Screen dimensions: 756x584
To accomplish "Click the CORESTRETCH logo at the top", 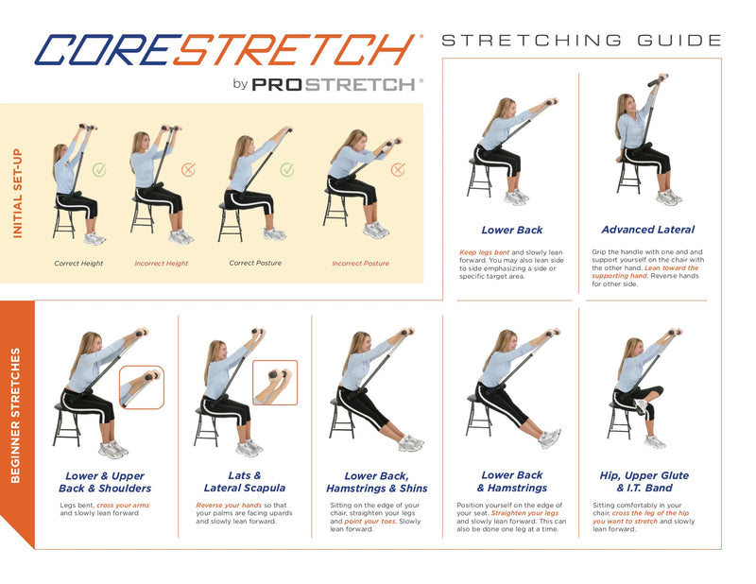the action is pyautogui.click(x=226, y=50).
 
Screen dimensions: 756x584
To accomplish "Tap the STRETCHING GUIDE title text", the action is pyautogui.click(x=581, y=40).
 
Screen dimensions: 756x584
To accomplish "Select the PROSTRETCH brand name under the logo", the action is pyautogui.click(x=334, y=85).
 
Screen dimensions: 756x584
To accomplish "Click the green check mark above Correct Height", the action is pyautogui.click(x=99, y=169).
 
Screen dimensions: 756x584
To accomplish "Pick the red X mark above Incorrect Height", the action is pyautogui.click(x=188, y=169).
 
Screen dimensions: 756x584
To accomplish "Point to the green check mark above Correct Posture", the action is pyautogui.click(x=287, y=169).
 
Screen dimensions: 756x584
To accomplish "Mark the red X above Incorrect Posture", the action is pyautogui.click(x=398, y=169).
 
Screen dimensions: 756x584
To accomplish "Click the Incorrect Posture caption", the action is pyautogui.click(x=360, y=264).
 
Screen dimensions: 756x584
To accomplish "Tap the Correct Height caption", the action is pyautogui.click(x=78, y=264).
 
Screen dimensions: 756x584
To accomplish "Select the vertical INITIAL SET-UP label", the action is pyautogui.click(x=17, y=194).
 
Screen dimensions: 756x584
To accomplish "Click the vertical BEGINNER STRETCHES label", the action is pyautogui.click(x=15, y=415).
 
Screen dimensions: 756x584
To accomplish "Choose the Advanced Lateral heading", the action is pyautogui.click(x=647, y=230).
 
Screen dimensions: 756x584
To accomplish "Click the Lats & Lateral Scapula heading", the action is pyautogui.click(x=245, y=482).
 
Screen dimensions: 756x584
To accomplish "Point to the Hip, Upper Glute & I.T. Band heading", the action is pyautogui.click(x=644, y=482).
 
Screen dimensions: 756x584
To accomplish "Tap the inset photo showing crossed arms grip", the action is pyautogui.click(x=142, y=387).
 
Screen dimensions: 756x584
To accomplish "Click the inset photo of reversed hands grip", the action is pyautogui.click(x=275, y=383).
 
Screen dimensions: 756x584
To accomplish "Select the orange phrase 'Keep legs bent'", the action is pyautogui.click(x=484, y=252).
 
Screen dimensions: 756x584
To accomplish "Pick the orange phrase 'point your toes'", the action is pyautogui.click(x=369, y=522).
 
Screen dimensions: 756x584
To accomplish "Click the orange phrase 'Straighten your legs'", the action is pyautogui.click(x=524, y=513).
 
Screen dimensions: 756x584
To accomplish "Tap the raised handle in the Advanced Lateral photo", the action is pyautogui.click(x=658, y=80).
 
